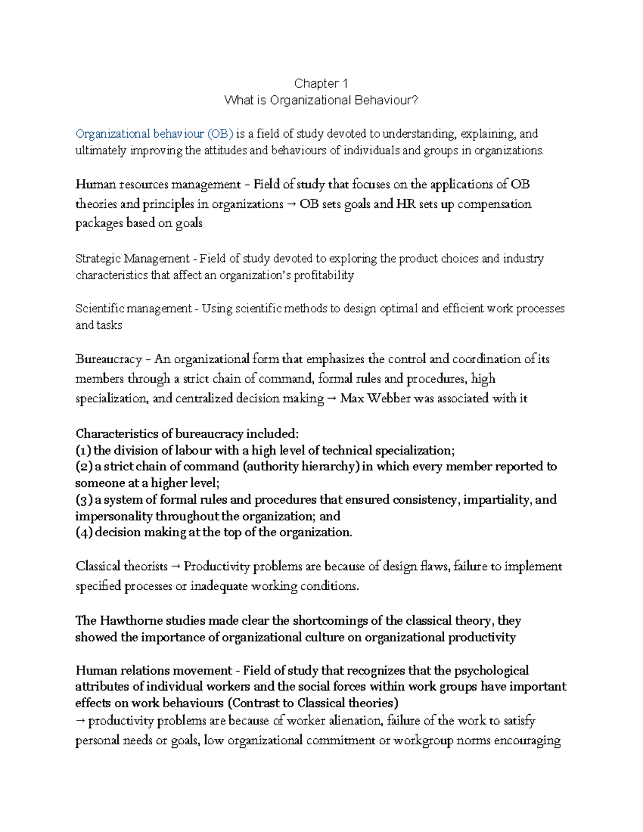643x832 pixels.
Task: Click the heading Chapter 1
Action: (x=321, y=84)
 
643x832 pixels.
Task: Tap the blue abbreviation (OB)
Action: (x=220, y=133)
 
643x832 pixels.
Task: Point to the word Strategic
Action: (x=98, y=259)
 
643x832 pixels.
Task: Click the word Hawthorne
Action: (x=130, y=621)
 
